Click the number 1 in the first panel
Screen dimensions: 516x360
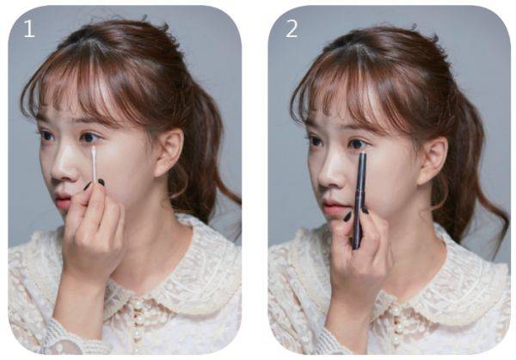(x=29, y=28)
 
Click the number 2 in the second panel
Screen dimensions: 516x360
(x=292, y=28)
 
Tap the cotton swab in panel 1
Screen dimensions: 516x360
(x=94, y=165)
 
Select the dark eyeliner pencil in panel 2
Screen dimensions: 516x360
(x=359, y=200)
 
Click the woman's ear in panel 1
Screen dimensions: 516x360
(x=169, y=152)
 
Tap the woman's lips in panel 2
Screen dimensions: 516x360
(x=331, y=208)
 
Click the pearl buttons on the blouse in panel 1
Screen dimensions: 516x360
(x=138, y=326)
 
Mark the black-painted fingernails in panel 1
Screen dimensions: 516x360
(x=95, y=184)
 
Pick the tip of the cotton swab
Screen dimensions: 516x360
(x=94, y=149)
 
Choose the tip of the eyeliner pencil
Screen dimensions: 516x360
(x=363, y=153)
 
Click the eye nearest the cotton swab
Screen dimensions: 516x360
(x=89, y=137)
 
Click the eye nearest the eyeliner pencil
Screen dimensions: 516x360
(x=356, y=143)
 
